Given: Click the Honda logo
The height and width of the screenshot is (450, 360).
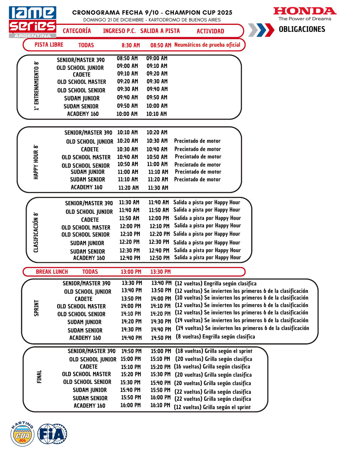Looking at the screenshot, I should (304, 13).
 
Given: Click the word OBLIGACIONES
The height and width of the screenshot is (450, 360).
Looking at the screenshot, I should (302, 29).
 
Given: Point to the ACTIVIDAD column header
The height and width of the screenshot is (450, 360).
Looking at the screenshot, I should (210, 31).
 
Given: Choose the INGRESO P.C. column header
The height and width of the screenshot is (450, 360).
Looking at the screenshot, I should (119, 31).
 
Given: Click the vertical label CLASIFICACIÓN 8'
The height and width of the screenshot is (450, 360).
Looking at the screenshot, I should (36, 232).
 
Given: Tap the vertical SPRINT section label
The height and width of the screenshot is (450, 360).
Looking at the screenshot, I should (36, 308).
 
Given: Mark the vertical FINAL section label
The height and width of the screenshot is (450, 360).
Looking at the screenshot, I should (39, 376).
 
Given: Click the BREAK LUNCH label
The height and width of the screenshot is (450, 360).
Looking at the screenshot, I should (52, 271).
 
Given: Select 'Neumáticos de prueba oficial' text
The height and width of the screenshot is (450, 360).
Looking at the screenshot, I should (207, 45).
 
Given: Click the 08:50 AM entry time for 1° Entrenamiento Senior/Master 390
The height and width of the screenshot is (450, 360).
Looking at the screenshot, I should (127, 58).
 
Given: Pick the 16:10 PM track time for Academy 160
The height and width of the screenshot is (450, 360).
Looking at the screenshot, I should (160, 406).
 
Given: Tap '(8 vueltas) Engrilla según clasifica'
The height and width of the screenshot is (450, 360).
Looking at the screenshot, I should (215, 337).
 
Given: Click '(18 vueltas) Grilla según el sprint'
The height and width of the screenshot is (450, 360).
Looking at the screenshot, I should (214, 351).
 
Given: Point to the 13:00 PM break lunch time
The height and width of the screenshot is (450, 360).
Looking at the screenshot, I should (131, 271).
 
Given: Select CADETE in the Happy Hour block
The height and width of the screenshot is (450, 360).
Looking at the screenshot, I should (90, 149).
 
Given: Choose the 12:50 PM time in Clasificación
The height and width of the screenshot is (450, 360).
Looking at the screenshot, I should (159, 258).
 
